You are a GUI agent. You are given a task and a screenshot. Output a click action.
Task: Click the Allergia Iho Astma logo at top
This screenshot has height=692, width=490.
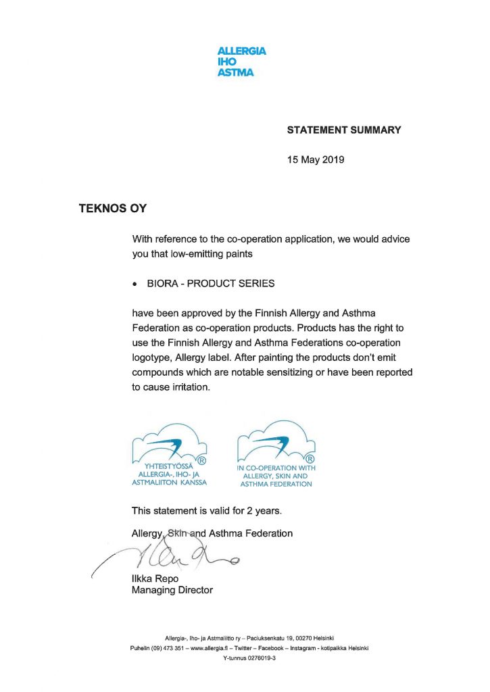click(x=241, y=61)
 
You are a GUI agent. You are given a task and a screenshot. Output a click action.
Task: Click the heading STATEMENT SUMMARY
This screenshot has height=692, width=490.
click(x=344, y=130)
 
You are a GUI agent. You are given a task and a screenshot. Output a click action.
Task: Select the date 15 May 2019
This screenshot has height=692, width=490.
click(x=316, y=160)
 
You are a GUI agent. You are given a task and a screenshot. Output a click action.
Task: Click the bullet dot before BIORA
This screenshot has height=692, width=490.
click(x=135, y=285)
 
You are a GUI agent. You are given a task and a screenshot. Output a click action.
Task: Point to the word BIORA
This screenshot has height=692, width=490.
click(x=164, y=284)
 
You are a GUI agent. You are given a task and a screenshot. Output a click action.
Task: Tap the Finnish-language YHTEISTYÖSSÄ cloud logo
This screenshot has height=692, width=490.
click(x=170, y=454)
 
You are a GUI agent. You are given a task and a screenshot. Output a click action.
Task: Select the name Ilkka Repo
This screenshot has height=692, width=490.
click(x=155, y=579)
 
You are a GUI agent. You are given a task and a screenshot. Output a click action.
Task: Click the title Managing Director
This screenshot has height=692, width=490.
click(x=172, y=590)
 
